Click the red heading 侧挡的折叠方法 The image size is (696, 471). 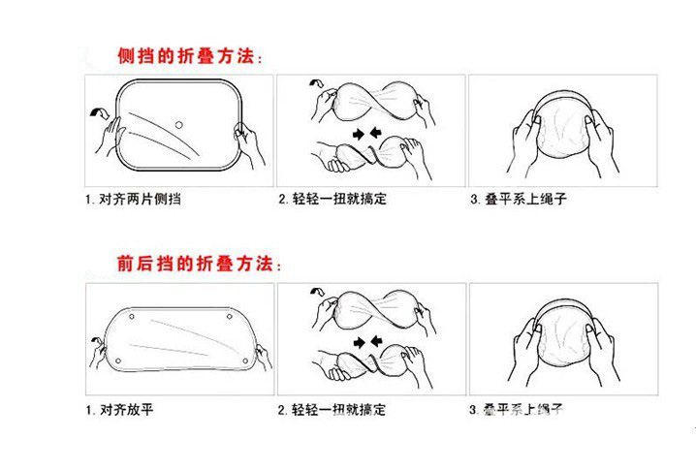188,57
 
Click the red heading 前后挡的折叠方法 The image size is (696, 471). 199,264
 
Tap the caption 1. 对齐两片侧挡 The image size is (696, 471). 140,200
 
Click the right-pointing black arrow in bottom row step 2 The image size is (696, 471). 361,341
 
